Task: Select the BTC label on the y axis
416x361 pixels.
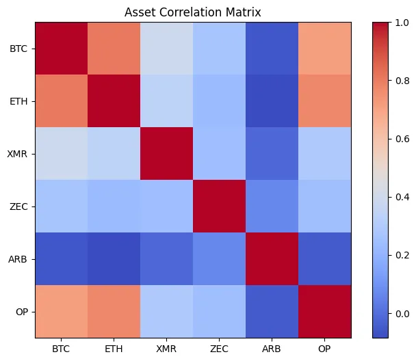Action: click(x=18, y=49)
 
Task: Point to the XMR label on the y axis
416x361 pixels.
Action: click(x=18, y=154)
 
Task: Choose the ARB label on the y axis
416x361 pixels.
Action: click(x=18, y=259)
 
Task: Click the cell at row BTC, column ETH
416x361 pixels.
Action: click(x=114, y=49)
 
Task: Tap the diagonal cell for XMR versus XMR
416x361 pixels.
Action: click(x=167, y=154)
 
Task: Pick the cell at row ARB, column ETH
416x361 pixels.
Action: click(x=114, y=259)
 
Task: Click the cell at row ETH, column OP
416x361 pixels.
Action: click(x=325, y=101)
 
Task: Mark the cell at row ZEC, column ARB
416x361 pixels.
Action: click(x=272, y=206)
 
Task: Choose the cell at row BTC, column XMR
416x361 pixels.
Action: click(x=167, y=49)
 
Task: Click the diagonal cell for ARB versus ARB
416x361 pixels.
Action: click(x=272, y=259)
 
